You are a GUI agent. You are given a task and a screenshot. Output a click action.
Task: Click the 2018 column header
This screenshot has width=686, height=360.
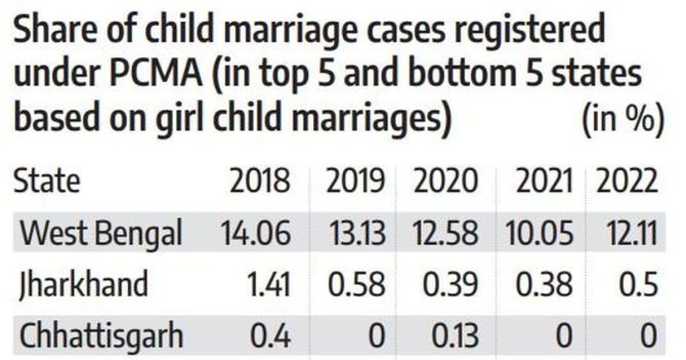[260, 181]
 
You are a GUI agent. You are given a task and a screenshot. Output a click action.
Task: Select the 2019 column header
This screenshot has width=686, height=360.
[355, 181]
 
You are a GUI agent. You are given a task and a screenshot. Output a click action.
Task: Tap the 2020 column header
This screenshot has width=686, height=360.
[445, 181]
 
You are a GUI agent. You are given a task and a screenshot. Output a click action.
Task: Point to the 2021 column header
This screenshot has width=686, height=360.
[544, 181]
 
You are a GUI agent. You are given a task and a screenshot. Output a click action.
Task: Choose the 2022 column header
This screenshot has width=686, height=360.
[627, 181]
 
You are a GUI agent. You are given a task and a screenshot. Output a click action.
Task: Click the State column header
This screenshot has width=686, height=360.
[47, 181]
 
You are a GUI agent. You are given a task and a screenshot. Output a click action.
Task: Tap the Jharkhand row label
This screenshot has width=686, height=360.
[83, 284]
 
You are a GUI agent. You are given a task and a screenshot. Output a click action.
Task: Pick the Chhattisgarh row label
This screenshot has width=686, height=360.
[101, 335]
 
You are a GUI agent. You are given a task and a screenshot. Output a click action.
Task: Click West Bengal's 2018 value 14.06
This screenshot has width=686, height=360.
[256, 233]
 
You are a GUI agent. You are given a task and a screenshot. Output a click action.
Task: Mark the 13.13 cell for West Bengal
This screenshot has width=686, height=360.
[357, 233]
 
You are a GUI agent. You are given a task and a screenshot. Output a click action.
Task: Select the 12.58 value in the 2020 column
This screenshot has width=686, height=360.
[445, 233]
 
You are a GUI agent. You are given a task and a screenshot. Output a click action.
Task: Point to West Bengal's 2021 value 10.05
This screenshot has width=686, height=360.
[539, 233]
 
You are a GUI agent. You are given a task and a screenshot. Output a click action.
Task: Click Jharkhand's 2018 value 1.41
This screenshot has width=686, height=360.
[269, 285]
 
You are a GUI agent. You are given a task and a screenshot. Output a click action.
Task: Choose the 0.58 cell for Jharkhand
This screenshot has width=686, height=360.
[356, 285]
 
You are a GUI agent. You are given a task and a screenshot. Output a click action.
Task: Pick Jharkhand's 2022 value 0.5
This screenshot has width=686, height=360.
[638, 285]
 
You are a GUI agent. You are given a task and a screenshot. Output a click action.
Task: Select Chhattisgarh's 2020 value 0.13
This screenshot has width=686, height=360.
[455, 336]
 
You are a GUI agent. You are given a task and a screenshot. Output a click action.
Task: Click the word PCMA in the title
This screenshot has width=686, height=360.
[156, 74]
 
